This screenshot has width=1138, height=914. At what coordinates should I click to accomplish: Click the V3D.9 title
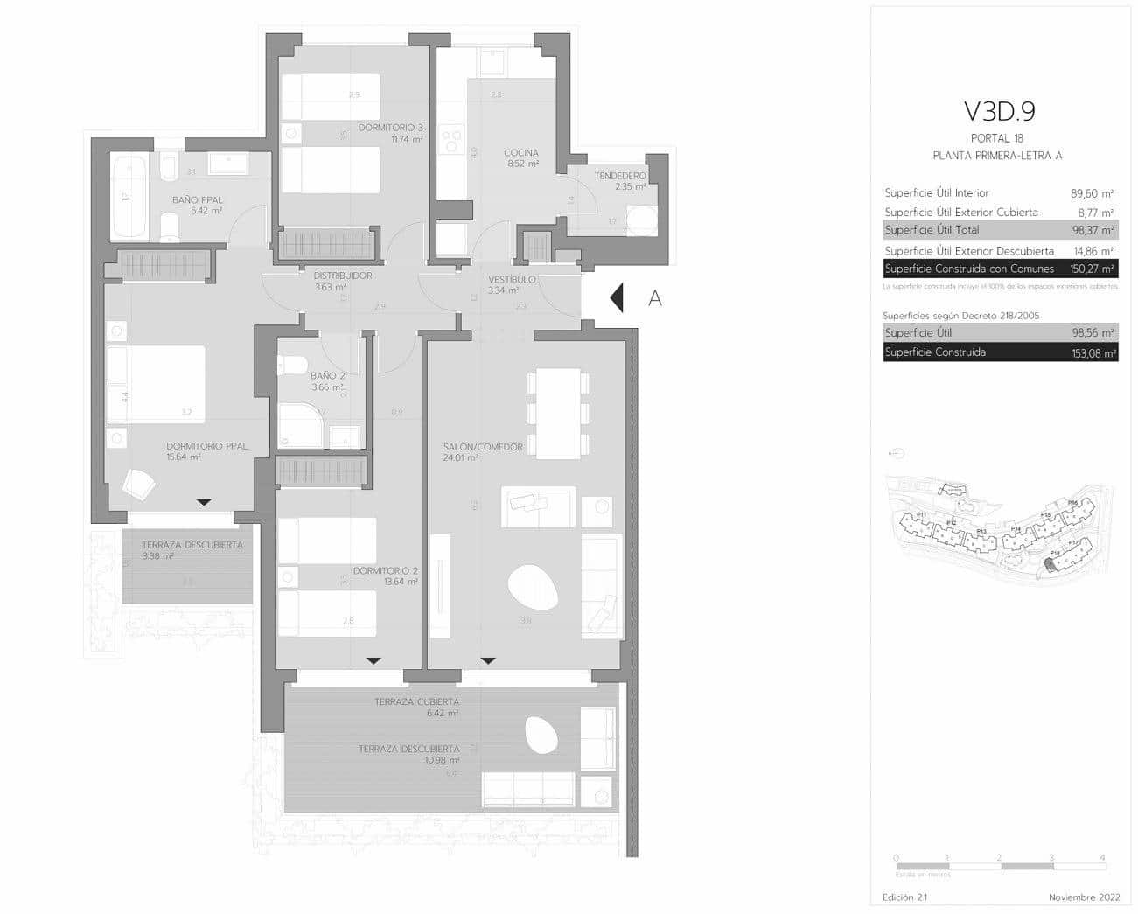999,111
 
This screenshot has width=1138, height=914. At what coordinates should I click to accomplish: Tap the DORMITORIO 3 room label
390,128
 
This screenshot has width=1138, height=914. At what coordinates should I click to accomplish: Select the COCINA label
520,153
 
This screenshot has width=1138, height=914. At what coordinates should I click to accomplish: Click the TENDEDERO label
619,176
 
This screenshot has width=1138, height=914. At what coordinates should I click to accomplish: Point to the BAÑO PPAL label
197,200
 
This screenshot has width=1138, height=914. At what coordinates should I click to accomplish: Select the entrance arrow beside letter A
616,298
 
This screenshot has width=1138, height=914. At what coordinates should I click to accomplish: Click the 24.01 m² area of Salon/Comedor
460,457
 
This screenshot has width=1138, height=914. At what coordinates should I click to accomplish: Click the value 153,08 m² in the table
1093,353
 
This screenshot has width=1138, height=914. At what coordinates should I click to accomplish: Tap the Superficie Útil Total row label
932,230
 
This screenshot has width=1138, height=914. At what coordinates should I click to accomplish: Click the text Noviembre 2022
1084,897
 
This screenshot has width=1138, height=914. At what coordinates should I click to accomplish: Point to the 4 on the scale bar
1102,858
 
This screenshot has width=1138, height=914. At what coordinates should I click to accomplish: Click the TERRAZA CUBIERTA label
416,701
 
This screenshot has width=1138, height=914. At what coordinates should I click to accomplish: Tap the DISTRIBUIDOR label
343,276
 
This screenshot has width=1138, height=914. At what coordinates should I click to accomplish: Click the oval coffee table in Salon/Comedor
534,587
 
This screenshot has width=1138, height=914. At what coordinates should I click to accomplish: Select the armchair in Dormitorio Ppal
138,484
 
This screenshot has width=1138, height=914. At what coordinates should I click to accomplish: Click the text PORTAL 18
997,138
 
